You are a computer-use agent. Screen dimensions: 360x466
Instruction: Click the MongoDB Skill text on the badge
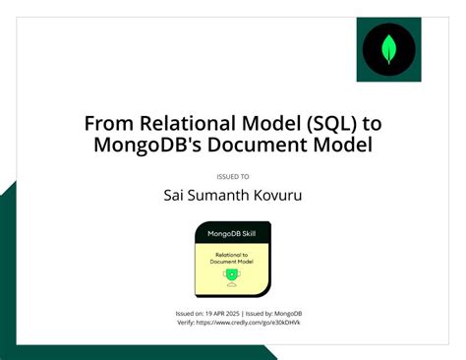pos(231,234)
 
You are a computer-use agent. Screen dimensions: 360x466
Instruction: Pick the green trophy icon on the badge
pos(231,275)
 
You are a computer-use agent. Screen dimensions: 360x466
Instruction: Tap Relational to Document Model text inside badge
pos(231,258)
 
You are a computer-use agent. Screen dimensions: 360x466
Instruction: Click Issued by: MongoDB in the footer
pos(272,313)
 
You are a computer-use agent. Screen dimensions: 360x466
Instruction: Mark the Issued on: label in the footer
pos(190,313)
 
